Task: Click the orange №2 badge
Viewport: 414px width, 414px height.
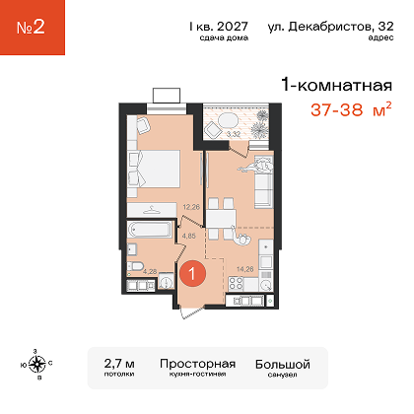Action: click(x=33, y=28)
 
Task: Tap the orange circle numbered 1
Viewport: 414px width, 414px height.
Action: click(x=192, y=273)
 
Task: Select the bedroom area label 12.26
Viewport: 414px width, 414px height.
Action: click(x=191, y=207)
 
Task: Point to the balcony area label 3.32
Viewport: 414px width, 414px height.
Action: click(x=234, y=134)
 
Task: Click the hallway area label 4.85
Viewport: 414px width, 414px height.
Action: click(x=188, y=236)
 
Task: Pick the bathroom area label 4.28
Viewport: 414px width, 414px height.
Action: click(x=150, y=271)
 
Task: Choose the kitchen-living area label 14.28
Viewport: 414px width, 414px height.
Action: click(x=245, y=269)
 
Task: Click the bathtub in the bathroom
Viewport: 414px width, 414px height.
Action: click(x=150, y=229)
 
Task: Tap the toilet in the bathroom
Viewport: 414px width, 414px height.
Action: click(x=135, y=266)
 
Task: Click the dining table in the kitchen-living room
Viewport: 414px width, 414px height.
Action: click(x=221, y=219)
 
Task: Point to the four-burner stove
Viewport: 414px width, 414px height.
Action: click(x=236, y=284)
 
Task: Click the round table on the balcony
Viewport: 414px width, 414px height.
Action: click(x=229, y=120)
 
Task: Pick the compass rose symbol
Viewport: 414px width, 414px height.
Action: click(x=36, y=364)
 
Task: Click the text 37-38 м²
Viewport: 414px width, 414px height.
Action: click(x=351, y=109)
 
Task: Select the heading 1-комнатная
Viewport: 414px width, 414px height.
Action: click(x=337, y=86)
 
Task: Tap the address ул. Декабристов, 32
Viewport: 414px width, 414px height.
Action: click(x=330, y=27)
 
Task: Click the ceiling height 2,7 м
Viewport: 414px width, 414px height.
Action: click(x=119, y=364)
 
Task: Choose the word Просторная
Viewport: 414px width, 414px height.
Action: click(x=198, y=364)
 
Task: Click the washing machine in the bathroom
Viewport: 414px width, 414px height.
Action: click(x=166, y=282)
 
